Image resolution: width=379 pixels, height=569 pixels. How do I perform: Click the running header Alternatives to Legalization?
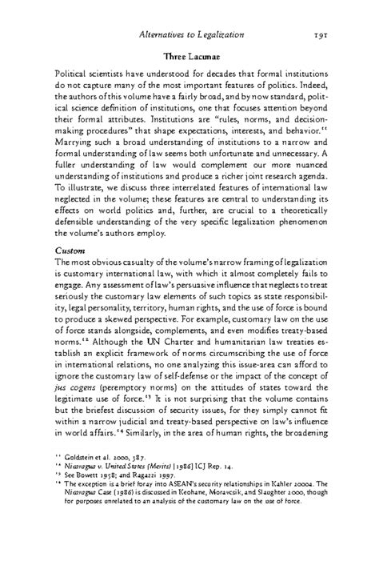click(192, 36)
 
